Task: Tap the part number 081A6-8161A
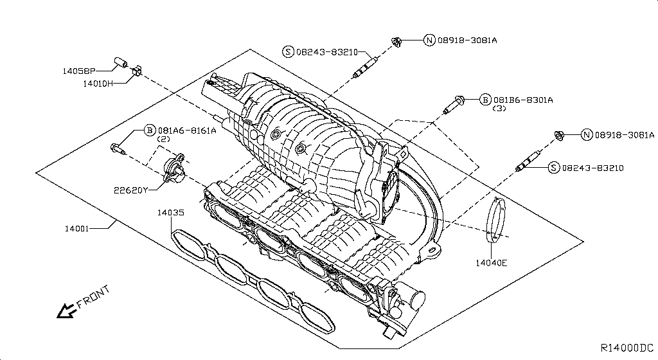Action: point(188,130)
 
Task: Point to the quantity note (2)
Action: point(164,139)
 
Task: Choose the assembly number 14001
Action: point(77,228)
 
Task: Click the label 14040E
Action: point(492,262)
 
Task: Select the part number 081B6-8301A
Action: point(523,100)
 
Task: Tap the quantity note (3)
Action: point(499,109)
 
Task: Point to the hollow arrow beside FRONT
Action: point(65,311)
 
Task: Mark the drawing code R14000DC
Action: point(627,348)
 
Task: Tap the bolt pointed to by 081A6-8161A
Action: point(118,150)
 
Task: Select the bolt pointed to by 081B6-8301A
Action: point(456,103)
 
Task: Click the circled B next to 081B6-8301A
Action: point(485,100)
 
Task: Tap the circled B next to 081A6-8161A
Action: point(150,130)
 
